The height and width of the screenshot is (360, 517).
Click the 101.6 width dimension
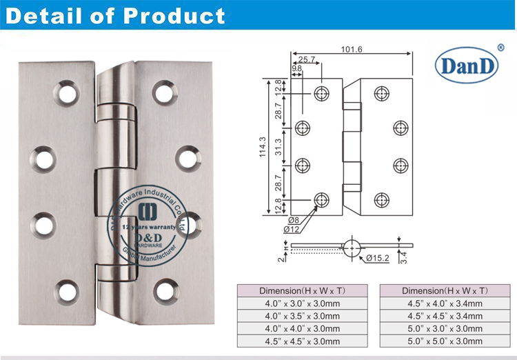coord(352,49)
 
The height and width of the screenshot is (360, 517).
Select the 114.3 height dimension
coord(263,146)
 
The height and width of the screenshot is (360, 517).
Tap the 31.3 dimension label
coord(278,146)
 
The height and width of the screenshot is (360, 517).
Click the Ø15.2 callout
coord(378,258)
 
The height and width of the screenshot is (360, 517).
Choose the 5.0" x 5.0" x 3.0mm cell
coord(443,341)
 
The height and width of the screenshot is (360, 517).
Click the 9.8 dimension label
coord(296,69)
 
